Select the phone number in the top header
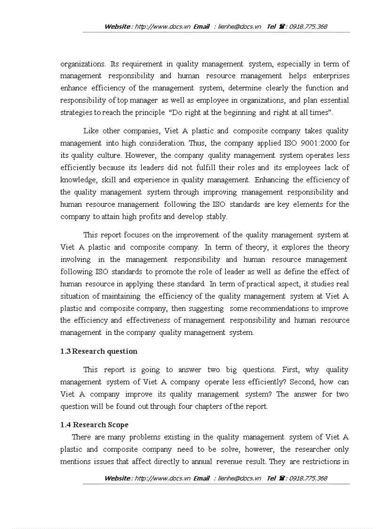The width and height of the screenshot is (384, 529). click(x=308, y=27)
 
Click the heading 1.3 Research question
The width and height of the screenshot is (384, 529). click(x=99, y=351)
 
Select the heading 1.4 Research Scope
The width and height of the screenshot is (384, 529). click(x=94, y=425)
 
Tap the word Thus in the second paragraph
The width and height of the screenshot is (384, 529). click(x=197, y=143)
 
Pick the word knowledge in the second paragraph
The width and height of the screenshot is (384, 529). click(x=77, y=180)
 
